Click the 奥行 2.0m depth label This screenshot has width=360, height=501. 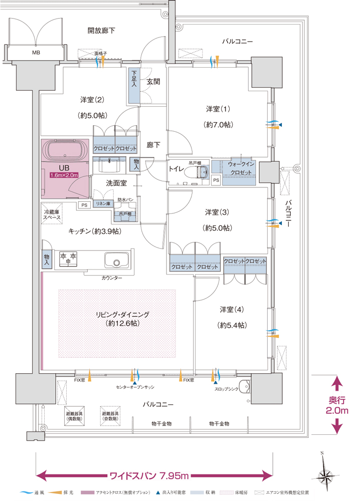(x=337, y=405)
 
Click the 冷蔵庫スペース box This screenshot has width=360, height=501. (x=52, y=216)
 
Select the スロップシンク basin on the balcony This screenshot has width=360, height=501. (x=244, y=387)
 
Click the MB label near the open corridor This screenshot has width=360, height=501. (x=36, y=52)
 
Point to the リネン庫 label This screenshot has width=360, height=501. (x=103, y=204)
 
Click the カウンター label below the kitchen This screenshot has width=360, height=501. (x=111, y=277)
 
